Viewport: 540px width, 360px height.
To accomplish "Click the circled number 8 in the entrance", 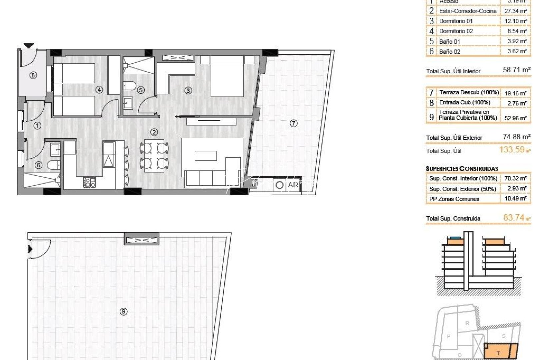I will (x=33, y=75).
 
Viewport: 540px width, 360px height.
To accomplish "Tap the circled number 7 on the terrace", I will (x=293, y=123).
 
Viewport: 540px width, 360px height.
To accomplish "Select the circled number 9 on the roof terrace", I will (x=123, y=312).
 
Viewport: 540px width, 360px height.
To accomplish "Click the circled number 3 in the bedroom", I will (x=188, y=90).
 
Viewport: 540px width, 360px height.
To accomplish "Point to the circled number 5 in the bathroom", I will (x=141, y=90).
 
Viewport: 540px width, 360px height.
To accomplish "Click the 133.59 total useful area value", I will (x=512, y=150).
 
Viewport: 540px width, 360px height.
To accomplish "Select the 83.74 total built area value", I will (x=514, y=218).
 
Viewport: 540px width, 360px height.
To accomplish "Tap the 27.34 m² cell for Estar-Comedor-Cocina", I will (x=515, y=11).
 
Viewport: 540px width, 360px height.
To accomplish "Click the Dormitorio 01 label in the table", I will (x=456, y=21).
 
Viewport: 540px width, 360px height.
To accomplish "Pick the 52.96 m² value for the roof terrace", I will (x=515, y=118).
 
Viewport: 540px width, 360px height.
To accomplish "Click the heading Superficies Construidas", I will (x=462, y=169).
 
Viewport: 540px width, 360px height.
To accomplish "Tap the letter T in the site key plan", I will (x=498, y=353).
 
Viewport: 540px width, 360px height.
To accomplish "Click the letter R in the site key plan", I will (x=467, y=323).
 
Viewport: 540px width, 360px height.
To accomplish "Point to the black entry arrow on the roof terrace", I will (x=30, y=249).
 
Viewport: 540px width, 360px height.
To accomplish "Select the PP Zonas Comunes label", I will (x=454, y=199).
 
